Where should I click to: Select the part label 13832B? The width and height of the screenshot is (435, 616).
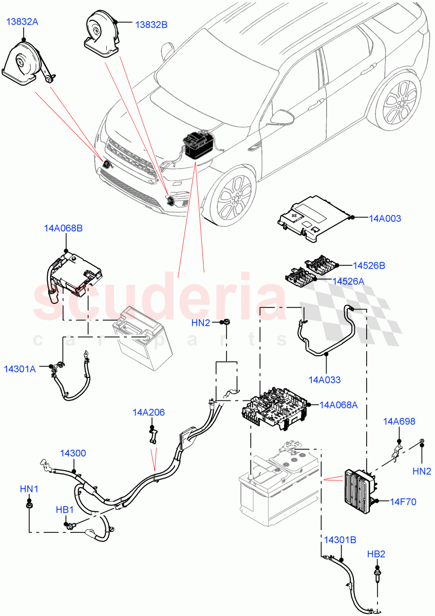click(x=151, y=24)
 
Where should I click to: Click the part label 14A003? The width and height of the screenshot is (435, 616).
click(x=385, y=218)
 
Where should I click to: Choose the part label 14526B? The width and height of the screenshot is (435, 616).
click(x=369, y=265)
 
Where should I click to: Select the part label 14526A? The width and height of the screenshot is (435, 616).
click(x=349, y=281)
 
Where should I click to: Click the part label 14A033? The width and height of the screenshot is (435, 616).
click(x=325, y=380)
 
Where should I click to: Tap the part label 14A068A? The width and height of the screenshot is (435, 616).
click(x=338, y=405)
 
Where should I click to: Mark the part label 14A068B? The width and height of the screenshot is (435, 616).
click(x=63, y=228)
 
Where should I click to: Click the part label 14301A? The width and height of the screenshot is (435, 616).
click(x=20, y=369)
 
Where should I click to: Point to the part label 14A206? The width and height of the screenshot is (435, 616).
click(x=148, y=412)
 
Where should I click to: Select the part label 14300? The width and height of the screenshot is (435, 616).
click(x=73, y=453)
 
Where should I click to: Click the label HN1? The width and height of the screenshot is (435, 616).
click(x=29, y=489)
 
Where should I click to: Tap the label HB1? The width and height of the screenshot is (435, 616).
click(x=65, y=510)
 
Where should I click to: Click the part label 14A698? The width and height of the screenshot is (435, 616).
click(x=399, y=421)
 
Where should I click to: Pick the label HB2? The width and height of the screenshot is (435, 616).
click(x=376, y=554)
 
